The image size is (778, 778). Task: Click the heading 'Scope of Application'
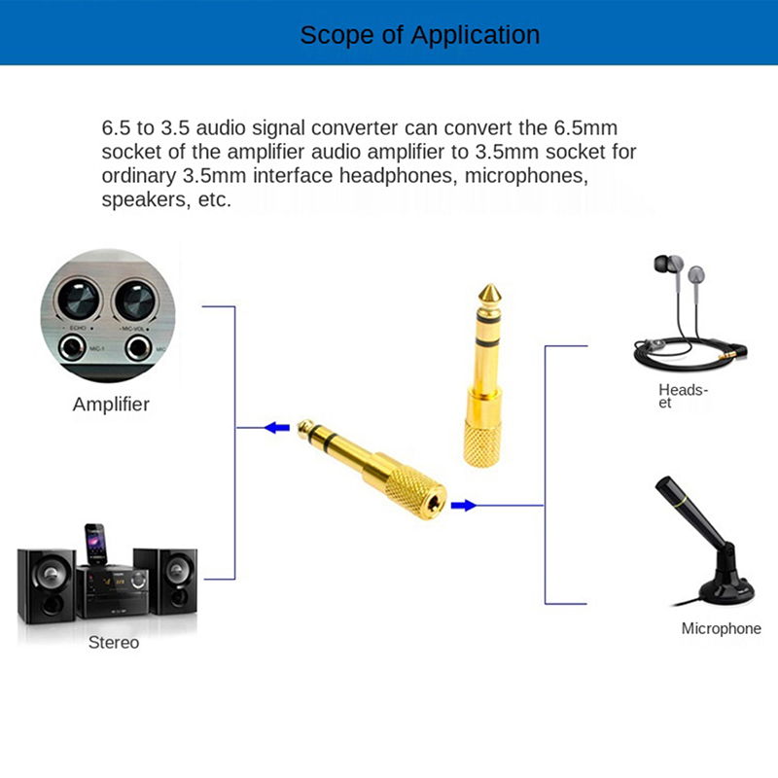point(420,35)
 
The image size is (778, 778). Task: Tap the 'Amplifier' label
point(111,405)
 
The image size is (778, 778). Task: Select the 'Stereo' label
point(114,642)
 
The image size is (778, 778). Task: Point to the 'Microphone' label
point(721,628)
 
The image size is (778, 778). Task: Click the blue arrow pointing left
point(277,427)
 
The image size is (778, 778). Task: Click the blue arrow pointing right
point(464,506)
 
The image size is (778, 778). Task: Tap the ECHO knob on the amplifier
point(79,300)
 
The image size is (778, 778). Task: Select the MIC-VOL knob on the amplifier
point(135,301)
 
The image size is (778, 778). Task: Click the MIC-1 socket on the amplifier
point(72,347)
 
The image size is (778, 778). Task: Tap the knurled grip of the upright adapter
point(482,443)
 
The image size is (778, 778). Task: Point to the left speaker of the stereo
point(47,585)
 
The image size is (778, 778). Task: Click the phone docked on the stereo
point(94,545)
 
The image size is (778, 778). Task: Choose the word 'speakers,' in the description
point(146,200)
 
